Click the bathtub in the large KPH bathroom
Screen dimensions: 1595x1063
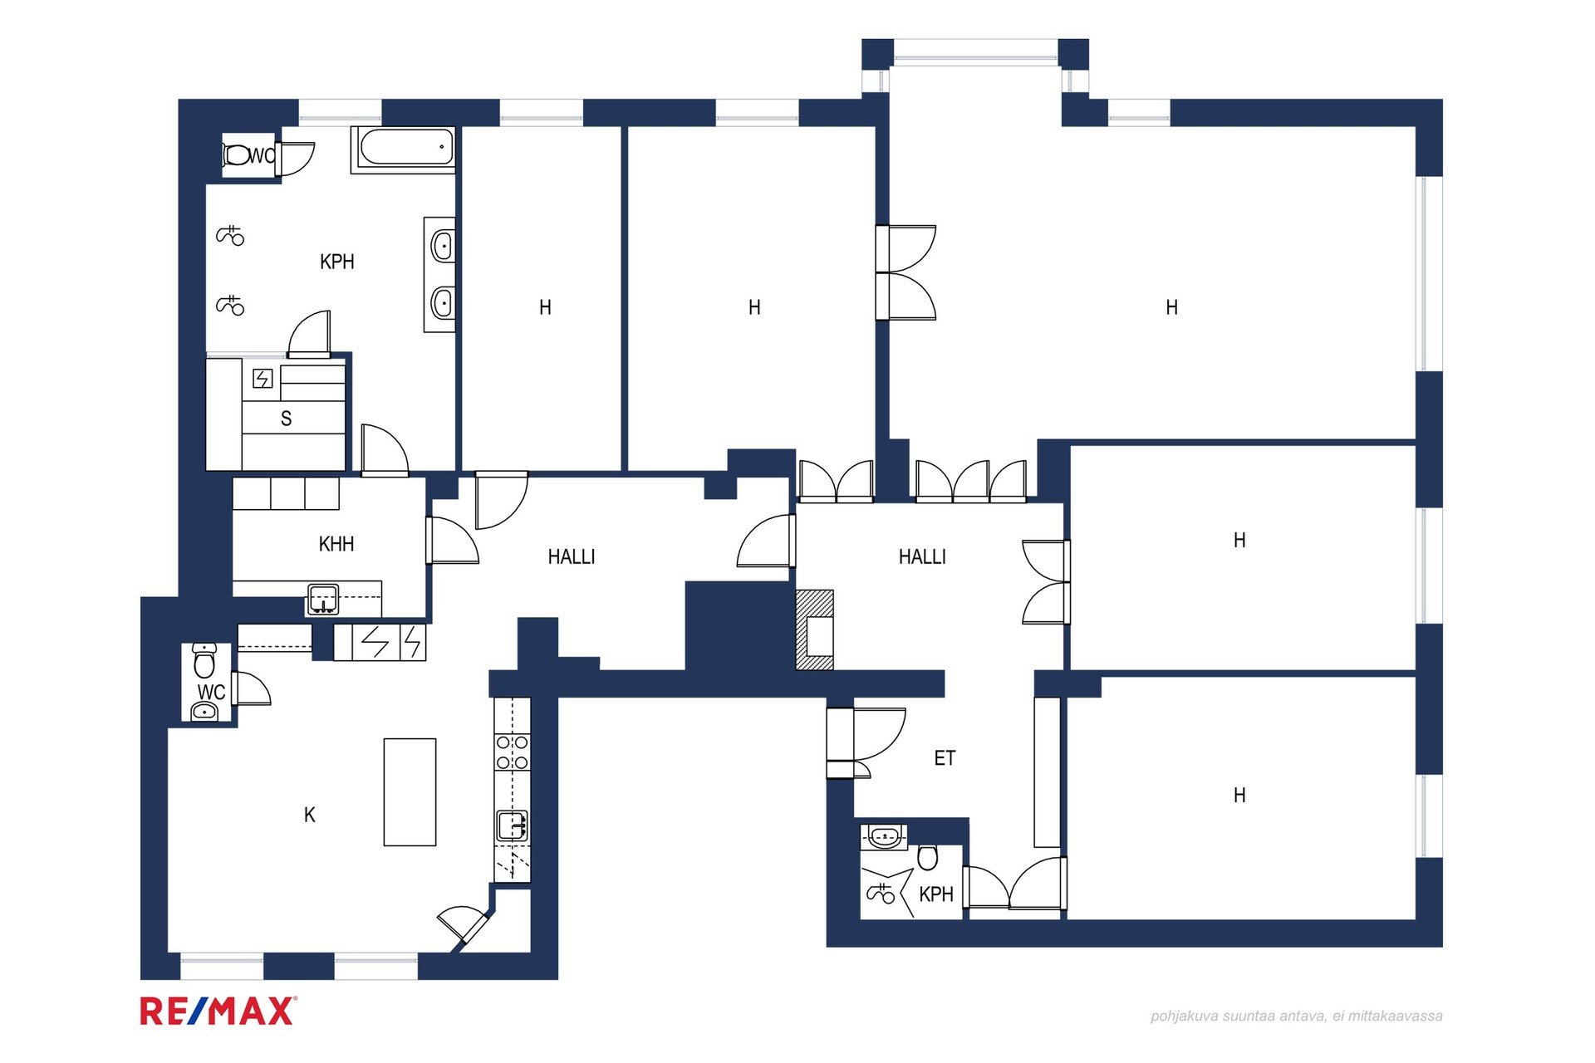(x=403, y=149)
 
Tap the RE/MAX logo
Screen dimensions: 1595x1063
(x=218, y=1011)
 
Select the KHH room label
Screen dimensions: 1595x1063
(x=336, y=544)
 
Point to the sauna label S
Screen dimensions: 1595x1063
(x=286, y=419)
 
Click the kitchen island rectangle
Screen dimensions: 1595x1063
(x=410, y=792)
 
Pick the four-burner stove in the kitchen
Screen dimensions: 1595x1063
(x=513, y=752)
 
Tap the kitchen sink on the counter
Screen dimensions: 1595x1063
(x=513, y=827)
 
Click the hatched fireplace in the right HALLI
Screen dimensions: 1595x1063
(x=814, y=629)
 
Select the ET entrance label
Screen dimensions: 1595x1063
(x=945, y=757)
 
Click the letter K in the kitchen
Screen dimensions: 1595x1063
(x=310, y=815)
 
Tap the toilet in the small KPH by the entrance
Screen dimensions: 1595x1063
(x=928, y=857)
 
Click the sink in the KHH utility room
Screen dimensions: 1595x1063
(x=323, y=599)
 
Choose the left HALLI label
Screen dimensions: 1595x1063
(x=572, y=556)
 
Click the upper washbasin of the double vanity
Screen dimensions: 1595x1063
(x=443, y=247)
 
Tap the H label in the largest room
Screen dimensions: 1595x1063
(x=1172, y=307)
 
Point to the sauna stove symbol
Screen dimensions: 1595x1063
(x=263, y=379)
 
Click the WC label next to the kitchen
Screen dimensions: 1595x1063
(x=211, y=692)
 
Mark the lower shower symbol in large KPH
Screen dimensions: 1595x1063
(x=230, y=306)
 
